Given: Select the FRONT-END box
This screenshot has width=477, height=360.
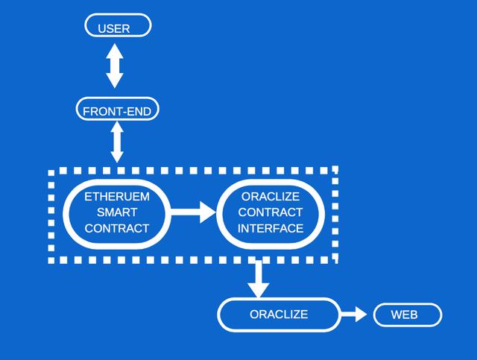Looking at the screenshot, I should point(118,111).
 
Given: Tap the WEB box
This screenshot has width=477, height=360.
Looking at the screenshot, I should point(407,315).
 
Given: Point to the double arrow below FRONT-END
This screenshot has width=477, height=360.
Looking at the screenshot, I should point(117,142).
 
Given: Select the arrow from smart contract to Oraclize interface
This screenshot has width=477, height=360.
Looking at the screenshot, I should point(192,212).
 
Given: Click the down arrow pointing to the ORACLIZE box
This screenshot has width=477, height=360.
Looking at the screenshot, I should point(258,278).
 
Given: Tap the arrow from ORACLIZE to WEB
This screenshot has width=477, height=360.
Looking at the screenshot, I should point(353,315).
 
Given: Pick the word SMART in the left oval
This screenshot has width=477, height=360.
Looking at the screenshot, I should point(117,212).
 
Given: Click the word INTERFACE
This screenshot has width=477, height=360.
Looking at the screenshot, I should point(271,228).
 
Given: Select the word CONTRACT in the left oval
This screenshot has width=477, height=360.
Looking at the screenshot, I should point(117,228).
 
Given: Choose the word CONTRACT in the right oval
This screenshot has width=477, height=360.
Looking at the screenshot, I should point(271,212).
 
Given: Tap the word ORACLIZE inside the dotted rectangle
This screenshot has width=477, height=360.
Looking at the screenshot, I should point(271,197).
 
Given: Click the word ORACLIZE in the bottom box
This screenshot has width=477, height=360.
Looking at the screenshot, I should point(279,315).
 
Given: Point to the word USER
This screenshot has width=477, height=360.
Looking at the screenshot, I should point(114,29).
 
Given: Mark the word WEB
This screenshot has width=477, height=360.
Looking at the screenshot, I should point(405,315).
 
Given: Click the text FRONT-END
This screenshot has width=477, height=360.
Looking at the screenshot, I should point(118,112).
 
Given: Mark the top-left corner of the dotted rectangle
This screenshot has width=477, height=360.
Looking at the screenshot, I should point(52,171).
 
